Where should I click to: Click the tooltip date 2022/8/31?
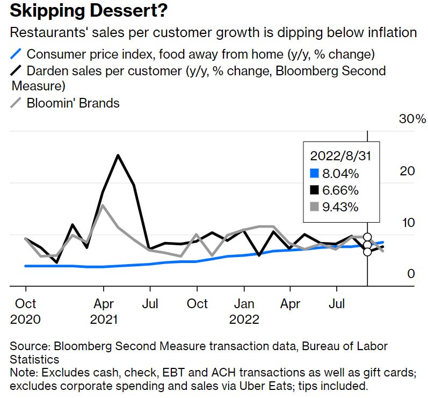[340, 156]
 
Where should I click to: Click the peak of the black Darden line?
[118, 155]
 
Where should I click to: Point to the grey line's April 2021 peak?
[103, 205]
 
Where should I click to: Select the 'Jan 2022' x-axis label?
[245, 311]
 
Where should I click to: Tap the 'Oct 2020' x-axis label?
[25, 311]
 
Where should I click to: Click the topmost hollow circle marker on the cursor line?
[367, 237]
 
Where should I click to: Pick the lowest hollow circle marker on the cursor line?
[367, 251]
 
